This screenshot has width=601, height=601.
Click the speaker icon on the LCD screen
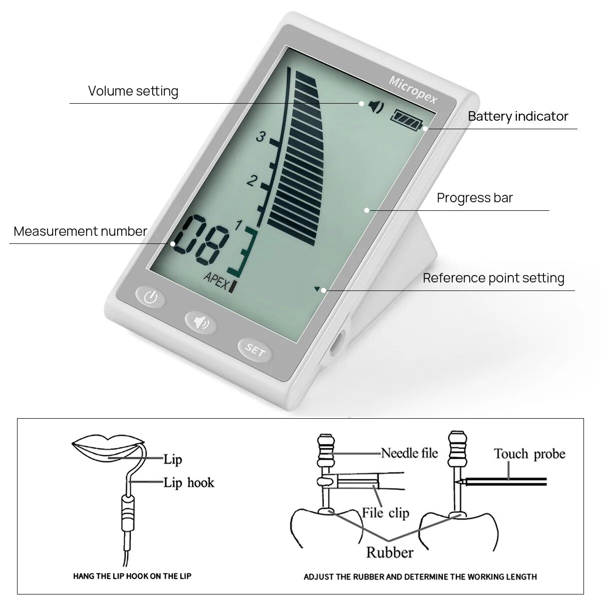point(376,106)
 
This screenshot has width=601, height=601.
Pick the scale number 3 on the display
point(260,136)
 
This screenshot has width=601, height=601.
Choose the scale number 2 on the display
point(252,181)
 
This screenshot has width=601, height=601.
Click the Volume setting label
point(133,91)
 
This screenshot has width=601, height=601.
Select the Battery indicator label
point(518,116)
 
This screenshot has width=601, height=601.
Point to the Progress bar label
point(475,198)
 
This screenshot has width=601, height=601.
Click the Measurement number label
point(80,231)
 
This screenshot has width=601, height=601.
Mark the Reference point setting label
point(493,278)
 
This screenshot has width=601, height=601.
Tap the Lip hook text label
point(189,483)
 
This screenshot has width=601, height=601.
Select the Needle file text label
point(409,453)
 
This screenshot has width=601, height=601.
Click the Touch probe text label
point(529,454)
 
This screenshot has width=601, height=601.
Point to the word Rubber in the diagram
point(390,552)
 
